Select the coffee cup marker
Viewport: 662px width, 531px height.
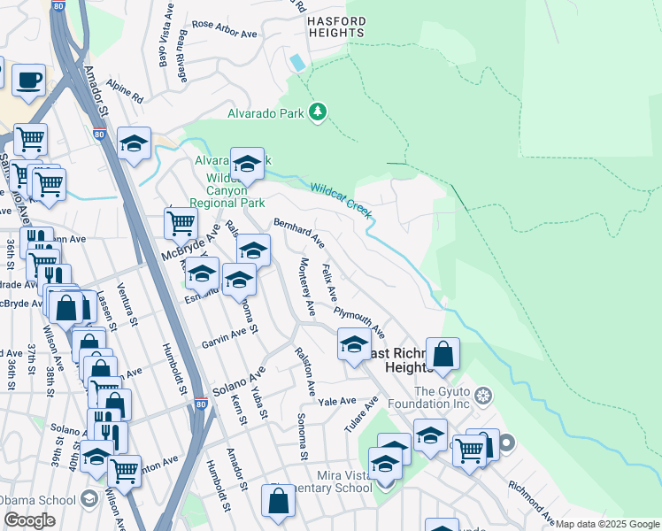28,81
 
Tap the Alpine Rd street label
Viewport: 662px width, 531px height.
125,95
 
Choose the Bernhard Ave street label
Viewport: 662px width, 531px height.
298,233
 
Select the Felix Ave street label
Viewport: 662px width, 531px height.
329,281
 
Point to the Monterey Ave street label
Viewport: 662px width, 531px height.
306,288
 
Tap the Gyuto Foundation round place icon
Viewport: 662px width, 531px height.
482,394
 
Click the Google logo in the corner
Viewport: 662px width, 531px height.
29,520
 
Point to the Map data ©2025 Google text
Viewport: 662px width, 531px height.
606,524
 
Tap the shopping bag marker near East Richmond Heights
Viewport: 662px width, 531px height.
443,354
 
